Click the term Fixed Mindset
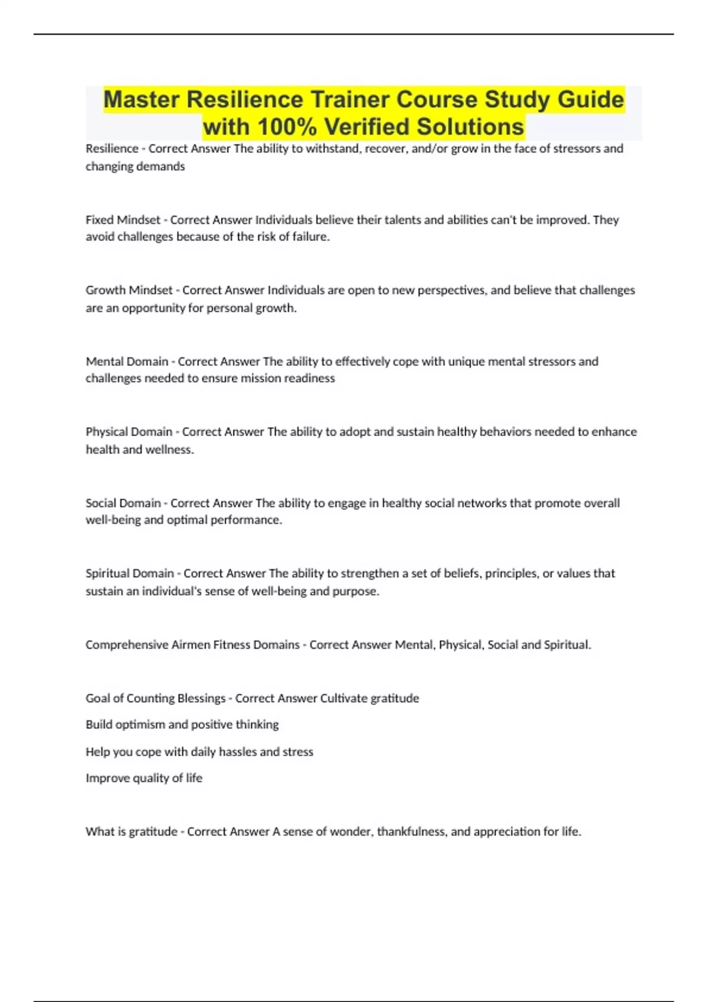point(123,220)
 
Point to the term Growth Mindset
point(129,290)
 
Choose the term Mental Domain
point(127,361)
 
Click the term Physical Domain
point(129,431)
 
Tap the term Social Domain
point(123,503)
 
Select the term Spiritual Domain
point(130,573)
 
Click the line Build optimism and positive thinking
point(182,724)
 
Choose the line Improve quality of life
point(144,778)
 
